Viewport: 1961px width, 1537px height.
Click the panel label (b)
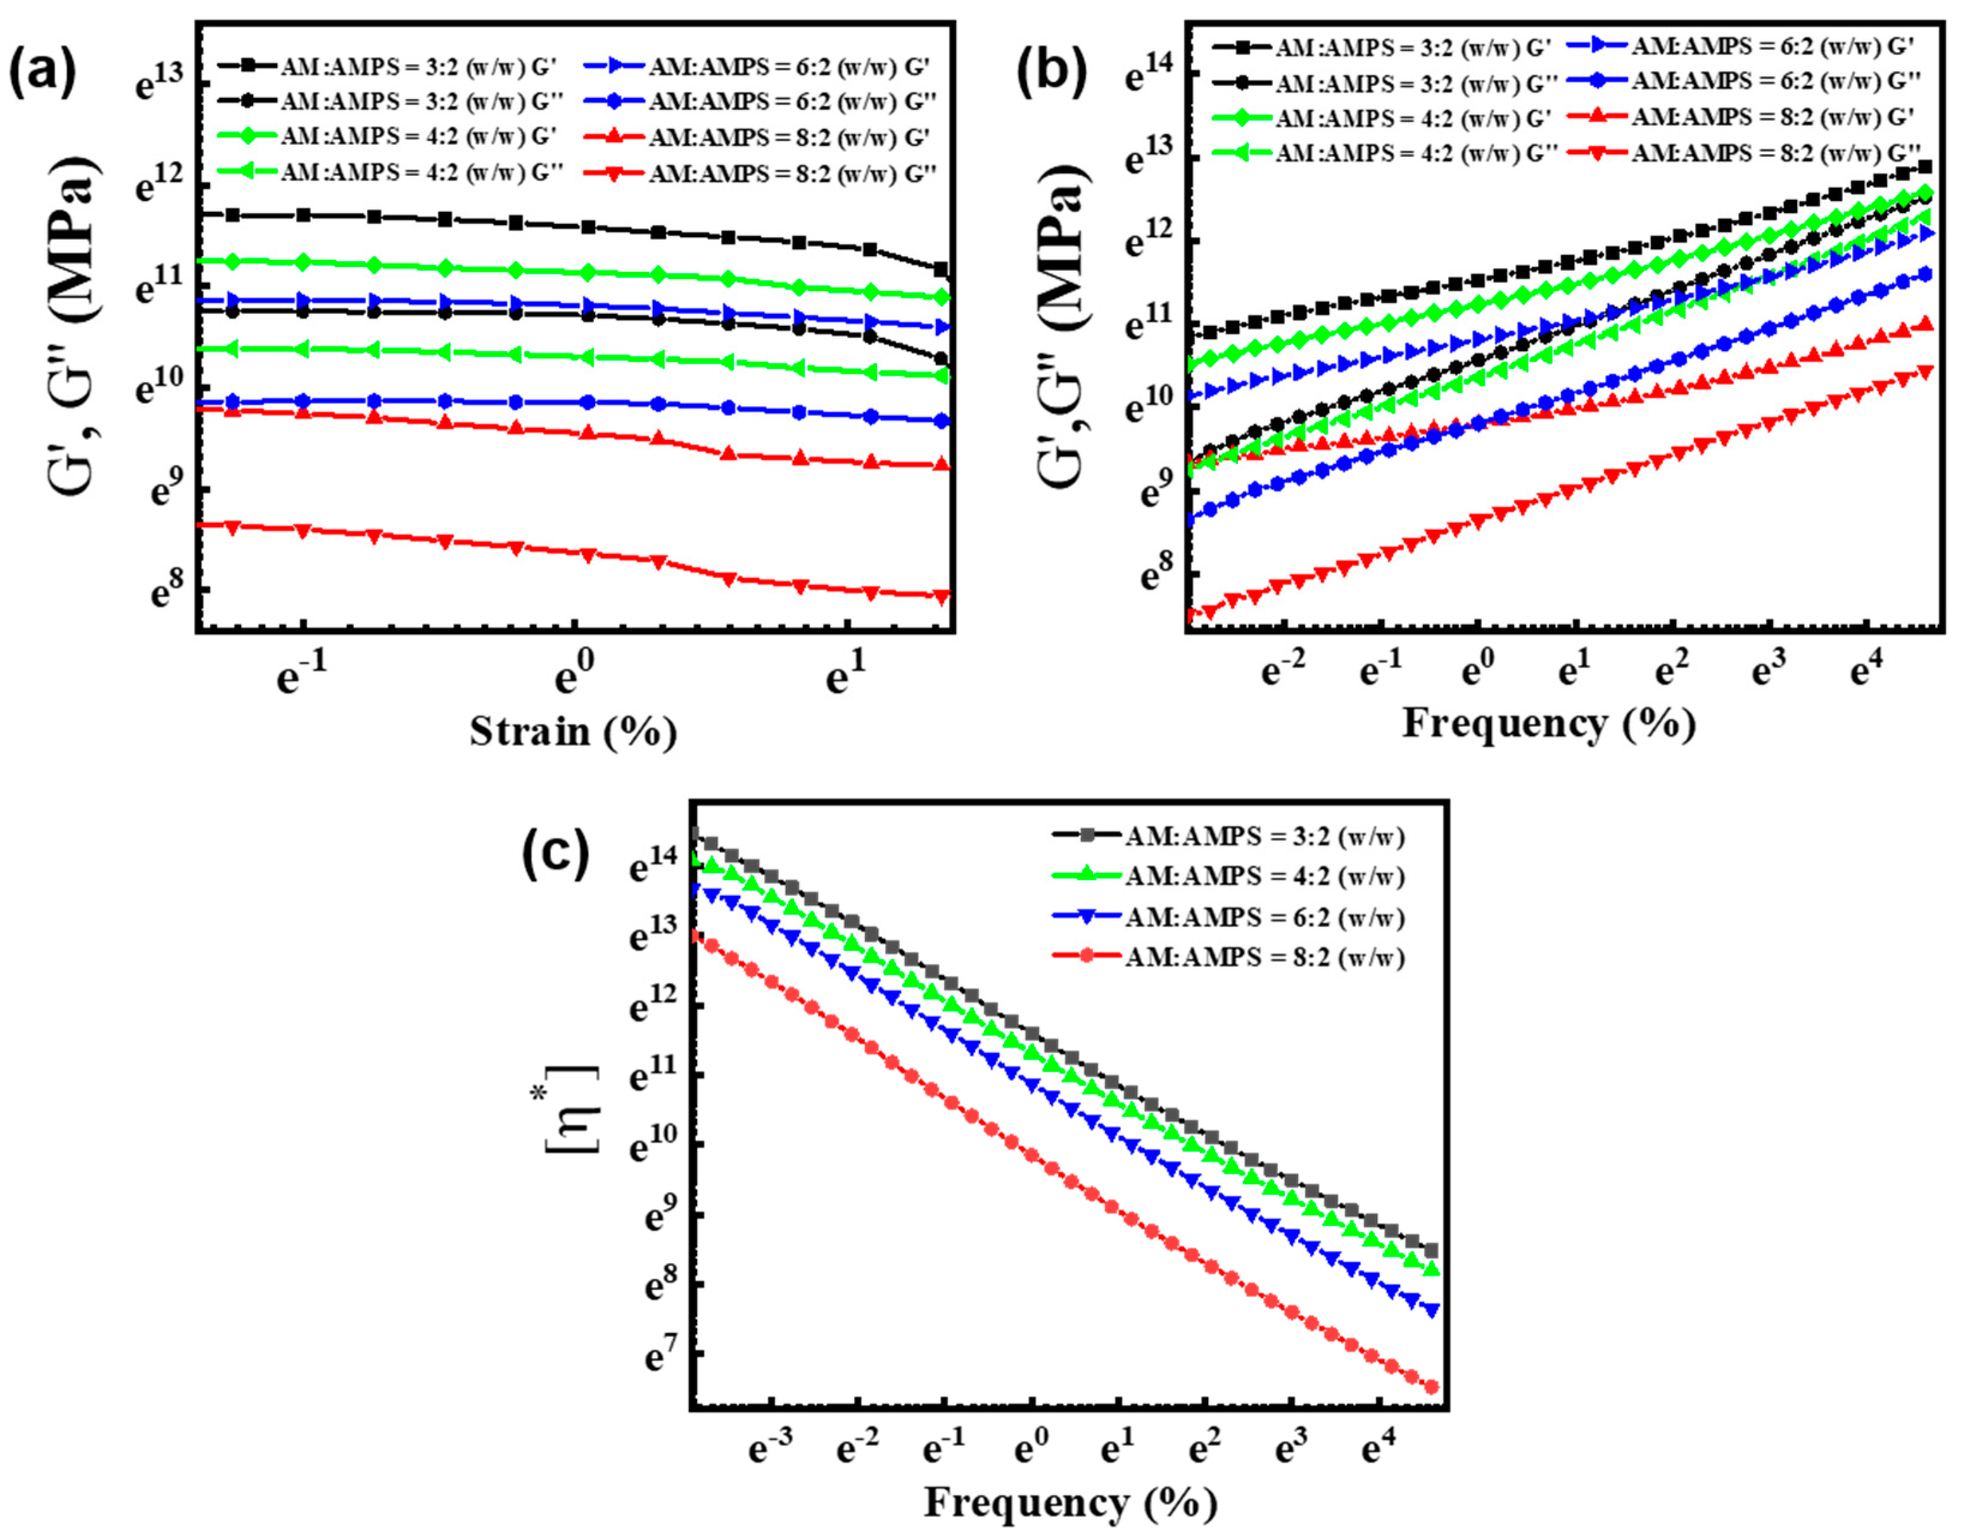[1050, 72]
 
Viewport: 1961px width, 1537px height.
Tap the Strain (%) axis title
[573, 731]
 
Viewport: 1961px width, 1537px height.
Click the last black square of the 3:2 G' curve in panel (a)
[942, 269]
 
